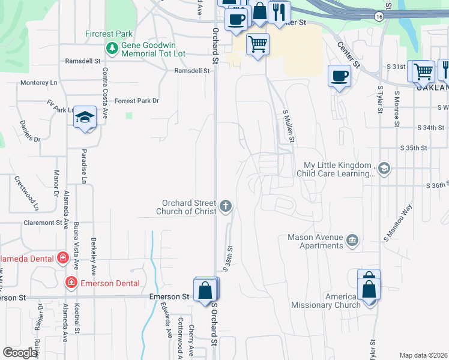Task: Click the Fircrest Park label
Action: click(109, 34)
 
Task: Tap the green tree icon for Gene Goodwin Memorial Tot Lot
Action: click(111, 47)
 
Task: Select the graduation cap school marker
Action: click(85, 116)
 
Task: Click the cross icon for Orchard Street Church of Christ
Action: click(226, 206)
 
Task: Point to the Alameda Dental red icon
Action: click(62, 259)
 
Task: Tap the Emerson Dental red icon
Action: click(71, 282)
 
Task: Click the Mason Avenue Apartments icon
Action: click(352, 241)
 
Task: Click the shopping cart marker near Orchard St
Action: click(258, 44)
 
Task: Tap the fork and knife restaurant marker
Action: click(279, 11)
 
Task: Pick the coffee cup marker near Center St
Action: click(339, 76)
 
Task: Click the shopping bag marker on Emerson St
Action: click(206, 290)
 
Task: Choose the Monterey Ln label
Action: click(38, 82)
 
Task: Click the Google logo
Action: click(20, 353)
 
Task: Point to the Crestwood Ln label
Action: click(26, 192)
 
